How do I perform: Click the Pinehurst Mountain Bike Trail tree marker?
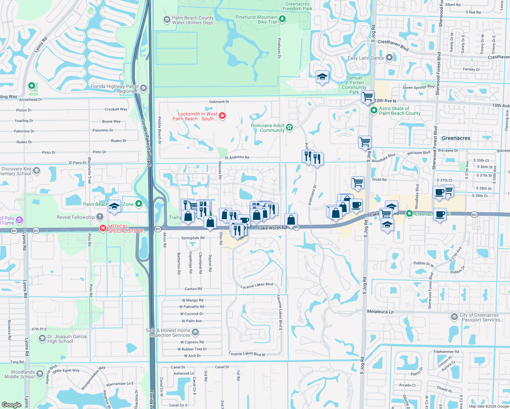pyautogui.click(x=282, y=19)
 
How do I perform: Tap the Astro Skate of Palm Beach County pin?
pyautogui.click(x=374, y=110)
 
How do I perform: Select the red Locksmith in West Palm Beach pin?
pyautogui.click(x=222, y=116)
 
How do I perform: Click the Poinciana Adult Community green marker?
pyautogui.click(x=289, y=127)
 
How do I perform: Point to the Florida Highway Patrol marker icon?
pyautogui.click(x=144, y=88)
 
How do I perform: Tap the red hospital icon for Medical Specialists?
pyautogui.click(x=102, y=228)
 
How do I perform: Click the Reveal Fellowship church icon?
pyautogui.click(x=100, y=217)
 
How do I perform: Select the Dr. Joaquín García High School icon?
pyautogui.click(x=42, y=338)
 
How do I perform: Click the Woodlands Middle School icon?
pyautogui.click(x=40, y=374)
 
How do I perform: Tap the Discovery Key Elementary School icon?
pyautogui.click(x=36, y=171)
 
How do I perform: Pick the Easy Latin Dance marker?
pyautogui.click(x=389, y=58)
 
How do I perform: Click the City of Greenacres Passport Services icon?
pyautogui.click(x=454, y=317)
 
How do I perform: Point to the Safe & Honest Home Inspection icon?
pyautogui.click(x=195, y=332)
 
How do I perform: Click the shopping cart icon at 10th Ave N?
pyautogui.click(x=368, y=97)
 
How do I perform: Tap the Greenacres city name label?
pyautogui.click(x=456, y=138)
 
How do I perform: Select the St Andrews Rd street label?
pyautogui.click(x=237, y=157)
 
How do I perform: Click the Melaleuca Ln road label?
pyautogui.click(x=380, y=312)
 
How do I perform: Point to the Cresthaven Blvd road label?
pyautogui.click(x=393, y=45)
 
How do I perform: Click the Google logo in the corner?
pyautogui.click(x=12, y=405)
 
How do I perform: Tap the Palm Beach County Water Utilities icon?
pyautogui.click(x=167, y=20)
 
